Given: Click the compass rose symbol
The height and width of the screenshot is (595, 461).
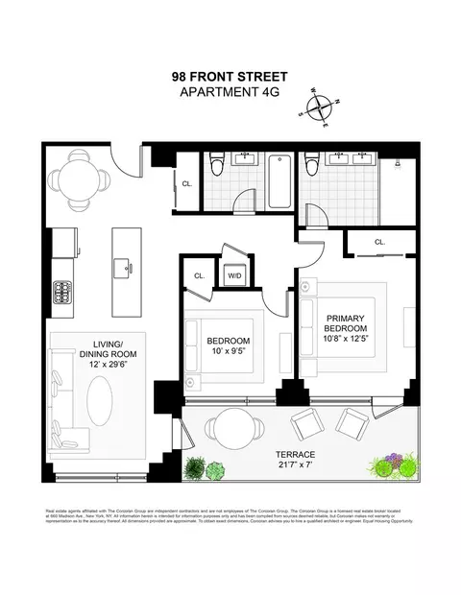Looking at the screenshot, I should pyautogui.click(x=324, y=107).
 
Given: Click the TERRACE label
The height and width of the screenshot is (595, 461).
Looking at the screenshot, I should pyautogui.click(x=295, y=454).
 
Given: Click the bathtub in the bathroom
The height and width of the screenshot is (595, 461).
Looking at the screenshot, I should pyautogui.click(x=279, y=180).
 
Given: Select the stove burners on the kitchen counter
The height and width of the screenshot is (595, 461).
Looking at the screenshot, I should pyautogui.click(x=61, y=291).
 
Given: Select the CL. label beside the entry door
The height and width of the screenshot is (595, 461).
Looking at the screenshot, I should pyautogui.click(x=187, y=183).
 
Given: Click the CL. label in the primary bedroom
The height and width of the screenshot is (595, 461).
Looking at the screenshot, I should pyautogui.click(x=380, y=243).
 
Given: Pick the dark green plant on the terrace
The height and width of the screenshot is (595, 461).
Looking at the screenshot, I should pyautogui.click(x=195, y=468).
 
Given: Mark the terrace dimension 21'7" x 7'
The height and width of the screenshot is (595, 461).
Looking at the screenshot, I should pyautogui.click(x=295, y=466).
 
